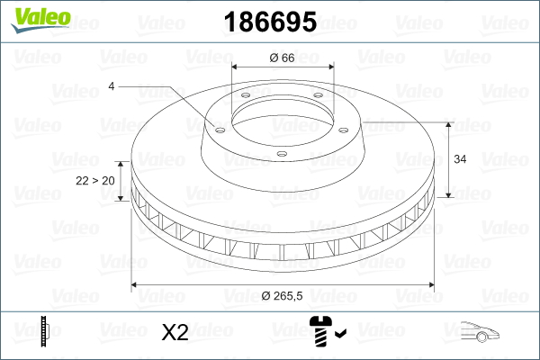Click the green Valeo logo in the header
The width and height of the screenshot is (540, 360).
pos(40,20)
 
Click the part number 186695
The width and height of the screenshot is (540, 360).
pos(270,22)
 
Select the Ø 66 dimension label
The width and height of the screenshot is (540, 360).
pos(282,58)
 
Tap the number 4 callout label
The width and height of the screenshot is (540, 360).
pos(112,86)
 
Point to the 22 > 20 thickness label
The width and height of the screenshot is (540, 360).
pos(95,181)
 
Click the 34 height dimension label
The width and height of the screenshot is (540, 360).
pos(460,159)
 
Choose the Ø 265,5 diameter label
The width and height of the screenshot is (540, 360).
pos(282,295)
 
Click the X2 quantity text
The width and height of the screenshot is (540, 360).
pos(175,332)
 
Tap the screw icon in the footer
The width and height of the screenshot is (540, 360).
pos(320,331)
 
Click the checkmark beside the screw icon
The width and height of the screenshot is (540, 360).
pos(340,333)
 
